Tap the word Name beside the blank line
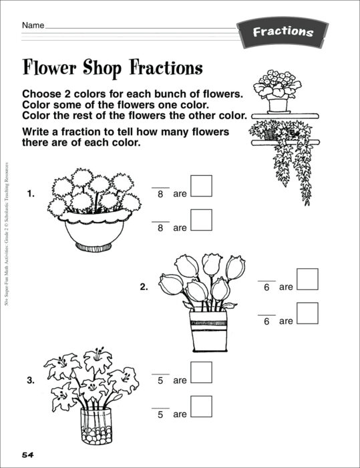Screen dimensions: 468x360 pyautogui.click(x=33, y=25)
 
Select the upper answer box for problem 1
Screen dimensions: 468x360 pyautogui.click(x=202, y=186)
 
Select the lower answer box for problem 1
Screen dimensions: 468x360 pyautogui.click(x=202, y=220)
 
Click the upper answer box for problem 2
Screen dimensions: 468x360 pyautogui.click(x=307, y=279)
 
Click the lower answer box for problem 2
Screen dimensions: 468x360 pyautogui.click(x=307, y=313)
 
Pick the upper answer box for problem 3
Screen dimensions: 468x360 pyautogui.click(x=202, y=372)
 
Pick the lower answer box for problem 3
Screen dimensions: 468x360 pyautogui.click(x=202, y=406)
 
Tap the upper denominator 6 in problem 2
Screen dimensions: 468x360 pyautogui.click(x=266, y=287)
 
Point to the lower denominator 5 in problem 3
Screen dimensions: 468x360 pyautogui.click(x=160, y=415)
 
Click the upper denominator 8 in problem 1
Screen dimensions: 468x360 pyautogui.click(x=160, y=195)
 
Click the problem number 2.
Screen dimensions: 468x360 pyautogui.click(x=144, y=287)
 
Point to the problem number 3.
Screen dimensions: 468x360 pyautogui.click(x=30, y=381)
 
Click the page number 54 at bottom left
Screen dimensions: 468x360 pyautogui.click(x=27, y=455)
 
